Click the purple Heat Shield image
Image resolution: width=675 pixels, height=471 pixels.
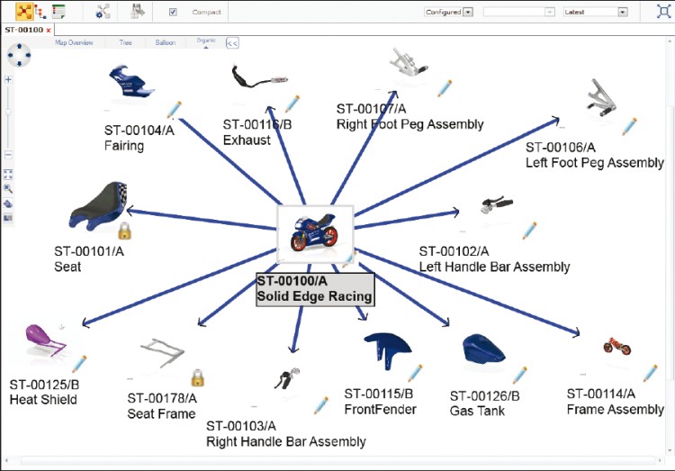click(x=44, y=340)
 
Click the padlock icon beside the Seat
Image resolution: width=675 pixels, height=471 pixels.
click(x=124, y=231)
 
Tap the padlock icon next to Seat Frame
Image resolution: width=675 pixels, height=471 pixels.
click(x=197, y=377)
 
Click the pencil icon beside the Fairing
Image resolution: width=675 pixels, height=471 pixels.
click(x=174, y=110)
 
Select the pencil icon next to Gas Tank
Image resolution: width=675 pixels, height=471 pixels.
click(x=519, y=375)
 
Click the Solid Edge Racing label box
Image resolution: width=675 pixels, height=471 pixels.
click(x=314, y=288)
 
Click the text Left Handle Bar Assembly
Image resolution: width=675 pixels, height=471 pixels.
click(x=494, y=267)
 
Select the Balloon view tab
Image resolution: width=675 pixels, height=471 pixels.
click(x=165, y=42)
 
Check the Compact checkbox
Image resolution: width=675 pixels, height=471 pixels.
click(x=173, y=12)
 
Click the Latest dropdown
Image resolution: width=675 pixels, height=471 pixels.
click(x=595, y=12)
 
